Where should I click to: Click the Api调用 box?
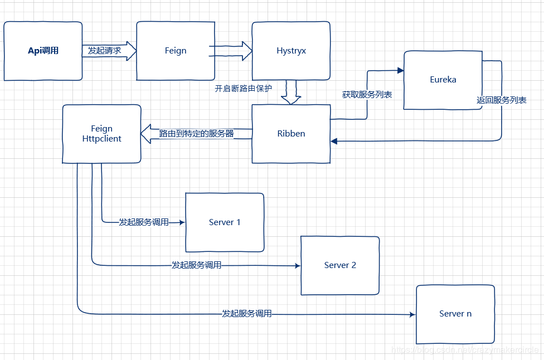click(x=43, y=51)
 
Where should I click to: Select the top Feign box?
click(x=176, y=51)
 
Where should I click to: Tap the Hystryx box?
click(x=291, y=51)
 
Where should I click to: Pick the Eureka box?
click(x=443, y=80)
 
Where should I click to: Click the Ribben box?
click(x=291, y=134)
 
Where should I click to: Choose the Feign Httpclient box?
click(x=101, y=134)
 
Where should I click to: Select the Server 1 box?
click(x=225, y=222)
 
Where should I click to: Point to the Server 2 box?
click(x=340, y=265)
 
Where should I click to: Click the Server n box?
click(x=455, y=314)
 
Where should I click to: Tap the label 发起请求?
click(x=104, y=51)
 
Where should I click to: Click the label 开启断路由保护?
click(x=244, y=89)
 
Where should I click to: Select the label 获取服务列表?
click(x=367, y=95)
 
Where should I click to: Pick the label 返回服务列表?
click(x=502, y=101)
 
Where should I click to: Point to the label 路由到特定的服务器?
click(x=196, y=134)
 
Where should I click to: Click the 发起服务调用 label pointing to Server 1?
click(x=143, y=222)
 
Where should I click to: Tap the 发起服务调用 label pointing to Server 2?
click(x=196, y=265)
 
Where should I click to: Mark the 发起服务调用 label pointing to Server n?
click(x=246, y=314)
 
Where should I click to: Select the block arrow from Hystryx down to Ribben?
click(x=291, y=93)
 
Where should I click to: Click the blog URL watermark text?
click(x=465, y=350)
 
